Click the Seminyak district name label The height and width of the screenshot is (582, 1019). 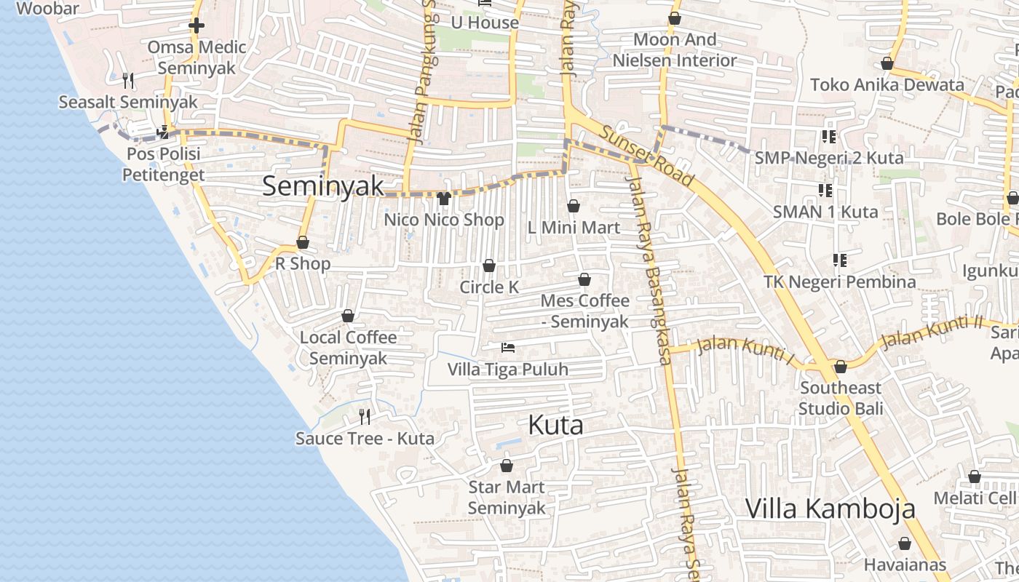(322, 186)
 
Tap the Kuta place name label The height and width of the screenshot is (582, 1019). (555, 425)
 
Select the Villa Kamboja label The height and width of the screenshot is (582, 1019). (830, 509)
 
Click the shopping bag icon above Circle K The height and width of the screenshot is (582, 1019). (489, 266)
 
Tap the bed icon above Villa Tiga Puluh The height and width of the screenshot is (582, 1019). (508, 348)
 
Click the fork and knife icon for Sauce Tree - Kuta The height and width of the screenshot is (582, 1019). (365, 417)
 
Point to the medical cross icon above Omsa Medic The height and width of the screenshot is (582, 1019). (196, 26)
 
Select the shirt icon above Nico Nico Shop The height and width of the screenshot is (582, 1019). (444, 198)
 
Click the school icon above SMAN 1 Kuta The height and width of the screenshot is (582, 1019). (825, 191)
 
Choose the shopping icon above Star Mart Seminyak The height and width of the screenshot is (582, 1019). (507, 466)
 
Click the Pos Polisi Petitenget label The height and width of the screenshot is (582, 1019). (163, 164)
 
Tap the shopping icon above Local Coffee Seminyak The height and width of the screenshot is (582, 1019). (348, 316)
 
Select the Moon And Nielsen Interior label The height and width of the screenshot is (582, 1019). (675, 49)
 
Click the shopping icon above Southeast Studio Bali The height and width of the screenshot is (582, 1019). (841, 367)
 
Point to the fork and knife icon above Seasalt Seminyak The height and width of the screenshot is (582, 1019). (128, 80)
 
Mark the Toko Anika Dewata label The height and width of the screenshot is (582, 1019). (887, 84)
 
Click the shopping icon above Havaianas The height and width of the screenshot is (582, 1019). (905, 543)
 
